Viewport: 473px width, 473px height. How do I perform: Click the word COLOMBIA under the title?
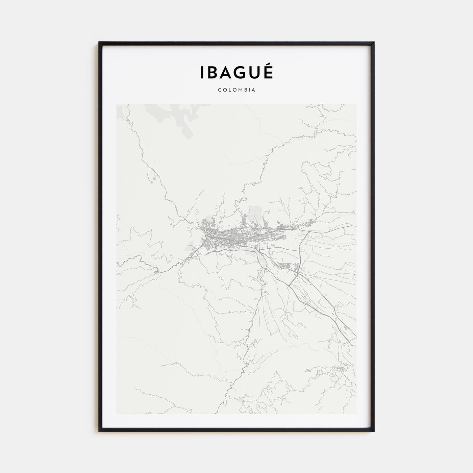[236, 90]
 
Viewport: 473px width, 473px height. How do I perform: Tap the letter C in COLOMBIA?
[220, 90]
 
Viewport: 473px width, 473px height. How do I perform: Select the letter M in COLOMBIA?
[239, 90]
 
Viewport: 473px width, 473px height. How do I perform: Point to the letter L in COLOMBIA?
[229, 90]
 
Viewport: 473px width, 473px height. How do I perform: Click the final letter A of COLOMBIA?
[253, 90]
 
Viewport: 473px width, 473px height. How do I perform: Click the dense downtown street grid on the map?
[223, 235]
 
